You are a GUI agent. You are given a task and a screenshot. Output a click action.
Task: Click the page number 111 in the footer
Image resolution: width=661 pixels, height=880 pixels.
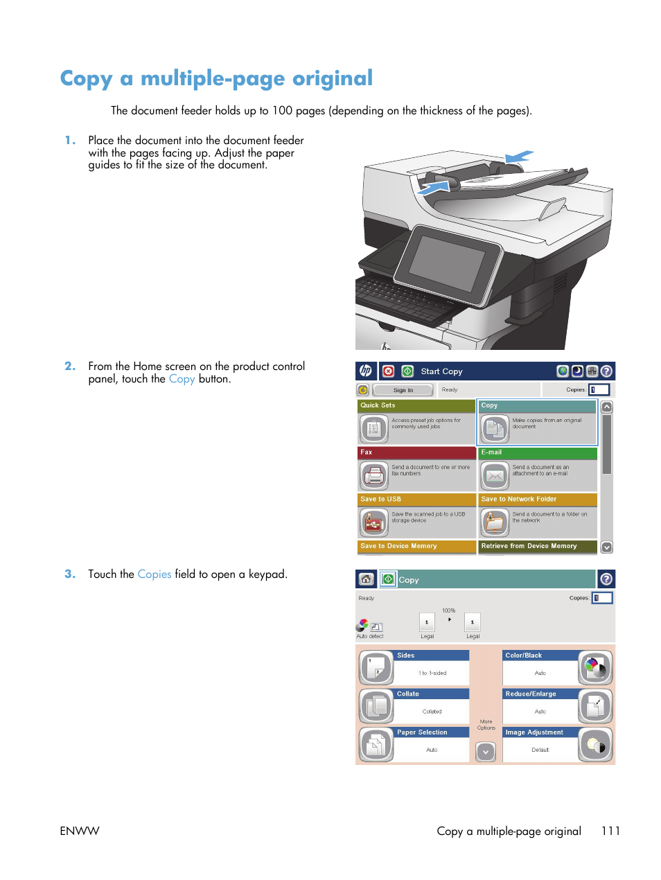pos(610,831)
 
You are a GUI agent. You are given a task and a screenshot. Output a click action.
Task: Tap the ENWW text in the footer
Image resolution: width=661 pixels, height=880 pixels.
pos(80,831)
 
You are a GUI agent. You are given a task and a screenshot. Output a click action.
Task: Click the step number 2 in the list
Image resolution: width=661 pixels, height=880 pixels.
pos(70,366)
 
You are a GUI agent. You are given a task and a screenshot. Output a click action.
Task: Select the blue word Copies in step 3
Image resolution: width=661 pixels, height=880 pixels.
pos(155,574)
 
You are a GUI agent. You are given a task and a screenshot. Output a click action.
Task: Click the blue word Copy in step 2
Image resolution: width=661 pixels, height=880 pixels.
pos(182,379)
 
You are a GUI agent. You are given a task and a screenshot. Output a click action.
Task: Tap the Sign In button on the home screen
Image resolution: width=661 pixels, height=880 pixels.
pos(403,390)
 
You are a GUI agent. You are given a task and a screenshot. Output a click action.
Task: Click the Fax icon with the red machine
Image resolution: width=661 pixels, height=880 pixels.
pos(374,475)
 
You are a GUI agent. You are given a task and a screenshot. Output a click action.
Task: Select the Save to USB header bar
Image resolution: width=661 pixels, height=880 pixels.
pos(416,499)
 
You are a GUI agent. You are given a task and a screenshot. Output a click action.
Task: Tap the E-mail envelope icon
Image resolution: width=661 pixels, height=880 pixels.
pos(495,475)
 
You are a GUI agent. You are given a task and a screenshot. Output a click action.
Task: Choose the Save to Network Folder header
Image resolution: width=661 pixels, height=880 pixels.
pos(538,499)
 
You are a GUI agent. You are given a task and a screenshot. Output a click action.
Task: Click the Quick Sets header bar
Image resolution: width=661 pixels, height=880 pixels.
pos(416,405)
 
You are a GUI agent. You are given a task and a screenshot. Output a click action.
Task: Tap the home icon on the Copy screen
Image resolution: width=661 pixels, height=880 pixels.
pos(366,579)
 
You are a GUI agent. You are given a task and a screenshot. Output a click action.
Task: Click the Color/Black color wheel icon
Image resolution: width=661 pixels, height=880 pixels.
pos(595,668)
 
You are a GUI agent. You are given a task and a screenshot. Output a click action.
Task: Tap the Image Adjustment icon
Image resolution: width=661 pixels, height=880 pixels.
pos(595,746)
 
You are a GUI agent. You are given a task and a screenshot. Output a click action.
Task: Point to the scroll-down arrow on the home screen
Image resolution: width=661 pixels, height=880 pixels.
pos(607,547)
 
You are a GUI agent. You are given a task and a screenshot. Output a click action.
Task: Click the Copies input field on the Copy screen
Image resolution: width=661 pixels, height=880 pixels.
pos(602,598)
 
